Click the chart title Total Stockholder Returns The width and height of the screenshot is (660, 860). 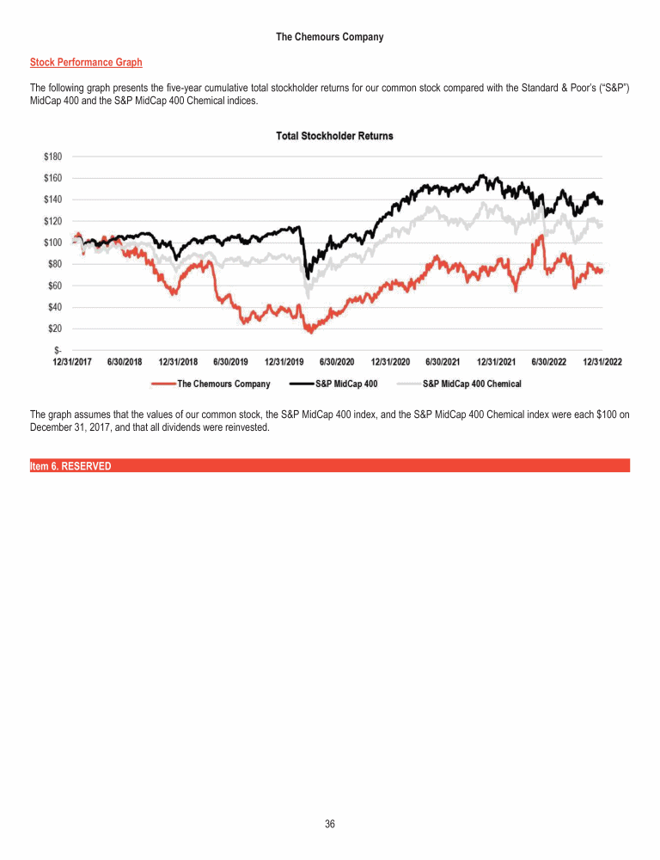pyautogui.click(x=335, y=136)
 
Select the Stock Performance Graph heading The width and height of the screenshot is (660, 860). pyautogui.click(x=86, y=63)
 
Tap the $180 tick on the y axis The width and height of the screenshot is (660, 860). pyautogui.click(x=53, y=157)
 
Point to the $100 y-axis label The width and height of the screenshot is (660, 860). pyautogui.click(x=53, y=243)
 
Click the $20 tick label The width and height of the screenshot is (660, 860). pyautogui.click(x=55, y=329)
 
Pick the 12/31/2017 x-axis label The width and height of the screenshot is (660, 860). pyautogui.click(x=72, y=362)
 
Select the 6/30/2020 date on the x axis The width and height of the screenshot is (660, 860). pyautogui.click(x=337, y=362)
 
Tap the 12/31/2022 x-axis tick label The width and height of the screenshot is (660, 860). pyautogui.click(x=602, y=362)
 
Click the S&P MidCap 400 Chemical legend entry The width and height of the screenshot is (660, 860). pyautogui.click(x=472, y=384)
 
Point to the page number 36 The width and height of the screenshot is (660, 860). pyautogui.click(x=330, y=825)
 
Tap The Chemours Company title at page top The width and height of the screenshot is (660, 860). pyautogui.click(x=330, y=37)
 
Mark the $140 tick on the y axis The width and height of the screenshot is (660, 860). pyautogui.click(x=53, y=200)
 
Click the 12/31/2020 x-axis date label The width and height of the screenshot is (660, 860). pyautogui.click(x=390, y=362)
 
